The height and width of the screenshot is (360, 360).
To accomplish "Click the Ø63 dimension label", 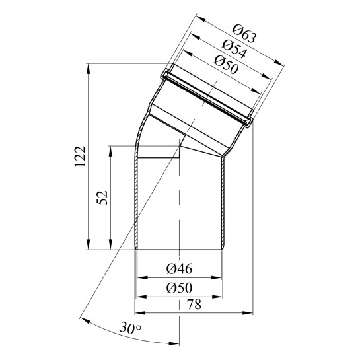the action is (x=244, y=34).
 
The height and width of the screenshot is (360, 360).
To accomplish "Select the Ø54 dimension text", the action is (x=234, y=49).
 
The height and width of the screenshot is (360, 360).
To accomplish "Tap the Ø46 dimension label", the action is (x=179, y=268).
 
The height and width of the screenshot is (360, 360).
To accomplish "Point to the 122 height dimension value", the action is (x=80, y=157).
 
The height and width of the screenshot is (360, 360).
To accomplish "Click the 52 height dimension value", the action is (x=102, y=198).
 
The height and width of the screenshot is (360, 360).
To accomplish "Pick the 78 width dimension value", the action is (x=194, y=305).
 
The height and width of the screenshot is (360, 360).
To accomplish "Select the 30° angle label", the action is (x=130, y=328).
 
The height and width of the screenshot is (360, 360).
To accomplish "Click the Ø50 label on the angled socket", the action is (x=226, y=65).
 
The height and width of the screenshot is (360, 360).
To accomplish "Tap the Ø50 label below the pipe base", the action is (x=179, y=288).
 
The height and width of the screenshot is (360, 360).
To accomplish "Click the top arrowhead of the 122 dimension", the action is (x=88, y=68).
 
